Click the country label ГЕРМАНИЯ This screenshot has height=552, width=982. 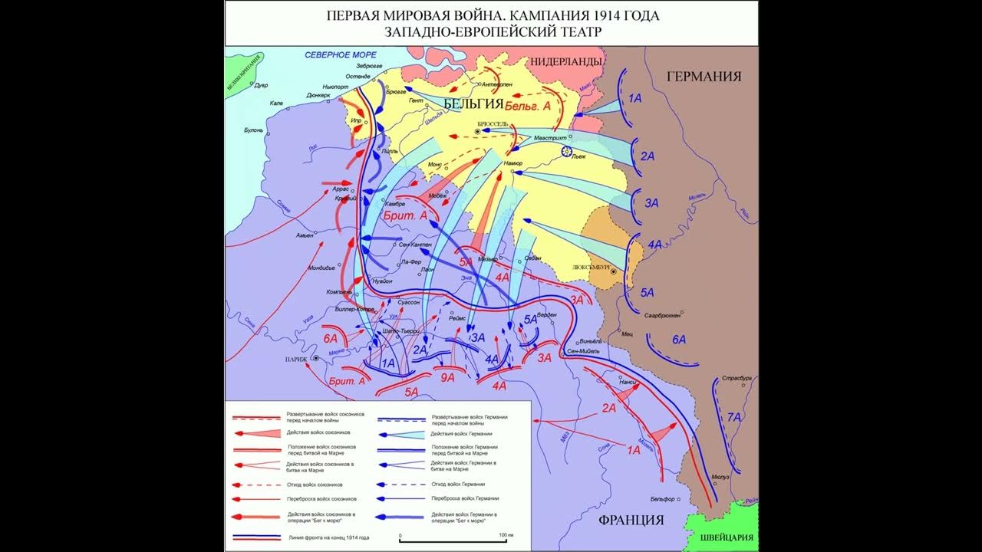tap(704, 76)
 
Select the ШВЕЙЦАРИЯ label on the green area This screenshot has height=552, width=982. tap(720, 537)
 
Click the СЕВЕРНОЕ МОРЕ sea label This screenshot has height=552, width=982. tap(340, 55)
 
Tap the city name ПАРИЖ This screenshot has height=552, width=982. tap(295, 359)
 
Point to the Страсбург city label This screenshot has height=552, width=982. tap(736, 379)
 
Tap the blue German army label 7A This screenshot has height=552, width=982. tap(734, 417)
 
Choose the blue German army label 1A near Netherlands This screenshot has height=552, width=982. tap(635, 98)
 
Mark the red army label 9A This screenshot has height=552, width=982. tap(447, 377)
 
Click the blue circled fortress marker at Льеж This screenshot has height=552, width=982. tap(567, 152)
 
